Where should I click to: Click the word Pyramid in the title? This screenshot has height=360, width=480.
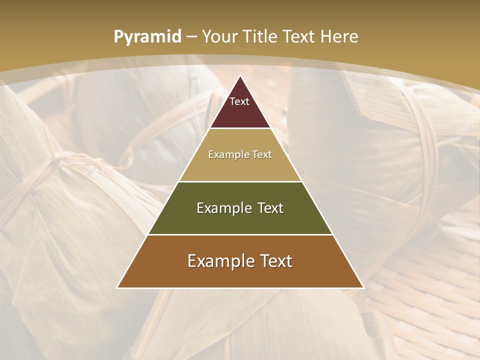pos(147,37)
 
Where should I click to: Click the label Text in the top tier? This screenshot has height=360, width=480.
pos(239,102)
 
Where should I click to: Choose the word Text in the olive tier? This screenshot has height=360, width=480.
pos(268,208)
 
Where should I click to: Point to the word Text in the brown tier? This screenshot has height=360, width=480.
pos(273,261)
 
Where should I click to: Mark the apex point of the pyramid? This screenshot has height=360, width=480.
pos(240,76)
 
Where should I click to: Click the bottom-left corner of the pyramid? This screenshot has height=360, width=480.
pos(117,287)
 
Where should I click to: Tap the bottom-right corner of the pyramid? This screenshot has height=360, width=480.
pos(363,287)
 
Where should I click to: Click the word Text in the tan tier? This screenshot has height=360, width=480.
pos(261,155)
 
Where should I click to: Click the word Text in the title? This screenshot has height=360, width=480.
pos(299,36)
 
